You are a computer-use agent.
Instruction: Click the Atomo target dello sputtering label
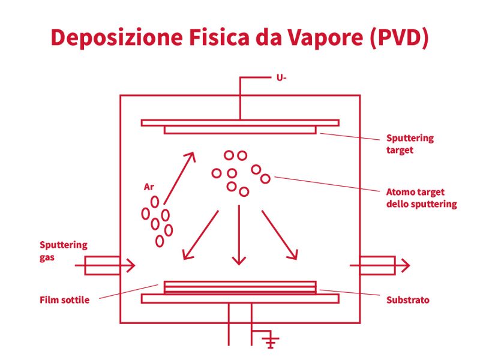tap(421, 198)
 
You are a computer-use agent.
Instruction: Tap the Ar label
tap(149, 187)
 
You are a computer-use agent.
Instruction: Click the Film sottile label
tap(64, 300)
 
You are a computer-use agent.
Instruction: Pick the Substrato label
tap(407, 299)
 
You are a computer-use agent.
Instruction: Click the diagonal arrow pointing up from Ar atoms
tap(180, 177)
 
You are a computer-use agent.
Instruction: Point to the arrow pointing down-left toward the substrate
tap(200, 236)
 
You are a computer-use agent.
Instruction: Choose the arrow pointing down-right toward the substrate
tap(280, 235)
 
